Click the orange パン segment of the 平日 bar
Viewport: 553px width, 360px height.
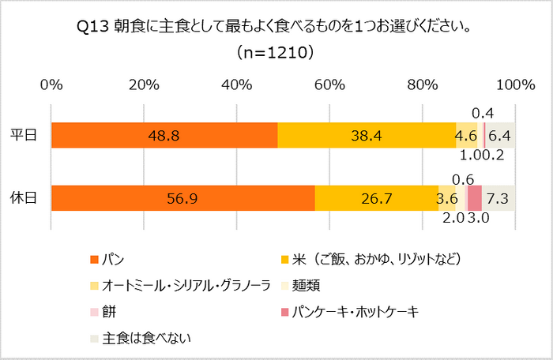pos(164,136)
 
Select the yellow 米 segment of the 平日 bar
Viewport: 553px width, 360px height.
pos(367,136)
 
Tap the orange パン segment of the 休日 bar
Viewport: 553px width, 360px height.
pos(182,198)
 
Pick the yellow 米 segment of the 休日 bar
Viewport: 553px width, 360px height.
pos(376,198)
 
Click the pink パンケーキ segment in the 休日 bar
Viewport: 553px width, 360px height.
pos(474,198)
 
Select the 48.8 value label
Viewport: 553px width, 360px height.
pos(164,136)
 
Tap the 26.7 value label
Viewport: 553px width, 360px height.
pos(376,198)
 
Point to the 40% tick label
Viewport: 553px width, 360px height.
pos(236,84)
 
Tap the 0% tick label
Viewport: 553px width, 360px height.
pos(51,84)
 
